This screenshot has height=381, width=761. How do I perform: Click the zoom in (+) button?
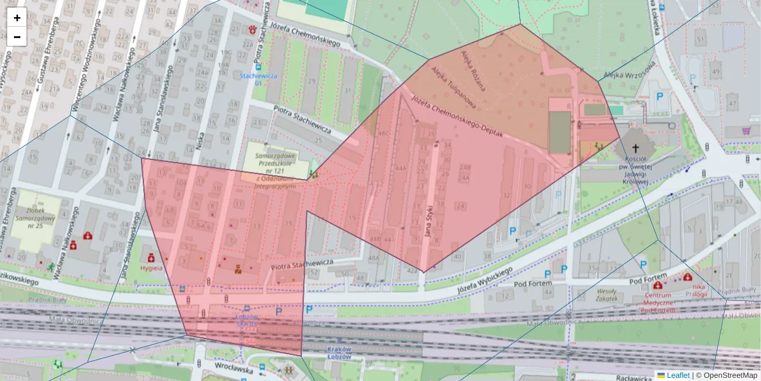(17, 18)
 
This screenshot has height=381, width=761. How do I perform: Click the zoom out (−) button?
(17, 37)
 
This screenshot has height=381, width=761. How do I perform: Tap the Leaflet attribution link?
(677, 375)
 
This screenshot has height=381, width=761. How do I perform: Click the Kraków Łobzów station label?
(339, 353)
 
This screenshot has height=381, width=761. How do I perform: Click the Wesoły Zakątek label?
(607, 294)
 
